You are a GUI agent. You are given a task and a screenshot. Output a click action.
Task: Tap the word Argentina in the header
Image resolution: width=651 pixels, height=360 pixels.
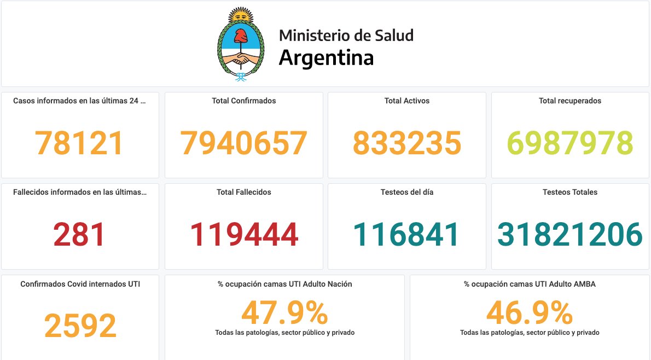click(x=326, y=57)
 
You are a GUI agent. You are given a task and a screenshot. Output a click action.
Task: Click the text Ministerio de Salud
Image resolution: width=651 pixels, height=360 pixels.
click(x=346, y=36)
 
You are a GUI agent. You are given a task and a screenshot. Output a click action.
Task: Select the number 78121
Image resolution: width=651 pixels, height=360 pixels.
click(x=79, y=143)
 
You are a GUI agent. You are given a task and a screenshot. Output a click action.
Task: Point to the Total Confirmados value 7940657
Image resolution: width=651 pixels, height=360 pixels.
click(x=243, y=143)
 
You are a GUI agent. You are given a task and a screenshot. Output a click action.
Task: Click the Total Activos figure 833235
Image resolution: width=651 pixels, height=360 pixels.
click(x=406, y=143)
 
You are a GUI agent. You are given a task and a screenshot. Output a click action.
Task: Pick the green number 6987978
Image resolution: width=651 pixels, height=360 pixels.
click(x=571, y=143)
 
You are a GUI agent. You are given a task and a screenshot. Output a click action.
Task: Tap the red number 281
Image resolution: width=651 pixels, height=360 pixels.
click(x=79, y=235)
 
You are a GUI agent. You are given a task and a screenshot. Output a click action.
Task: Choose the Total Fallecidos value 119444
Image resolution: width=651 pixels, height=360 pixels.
click(x=243, y=235)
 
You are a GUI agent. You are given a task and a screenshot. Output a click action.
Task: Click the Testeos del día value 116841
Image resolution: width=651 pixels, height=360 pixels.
click(x=406, y=235)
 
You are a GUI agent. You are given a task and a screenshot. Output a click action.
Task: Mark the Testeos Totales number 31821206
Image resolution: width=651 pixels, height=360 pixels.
click(x=570, y=235)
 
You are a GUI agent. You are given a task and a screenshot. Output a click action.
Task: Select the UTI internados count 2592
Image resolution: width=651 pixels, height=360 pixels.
click(x=80, y=326)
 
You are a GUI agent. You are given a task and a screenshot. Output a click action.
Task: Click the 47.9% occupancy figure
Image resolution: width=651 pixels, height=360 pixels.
click(x=284, y=313)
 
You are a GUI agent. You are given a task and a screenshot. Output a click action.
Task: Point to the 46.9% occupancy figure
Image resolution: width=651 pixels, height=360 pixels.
click(x=530, y=313)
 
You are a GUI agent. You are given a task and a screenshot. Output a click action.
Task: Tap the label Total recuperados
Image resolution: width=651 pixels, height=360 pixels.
click(x=570, y=101)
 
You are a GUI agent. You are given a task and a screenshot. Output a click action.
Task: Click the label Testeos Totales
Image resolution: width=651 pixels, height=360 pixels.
click(x=570, y=192)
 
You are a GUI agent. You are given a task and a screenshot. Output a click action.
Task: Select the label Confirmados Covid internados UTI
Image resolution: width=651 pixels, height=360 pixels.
click(x=80, y=284)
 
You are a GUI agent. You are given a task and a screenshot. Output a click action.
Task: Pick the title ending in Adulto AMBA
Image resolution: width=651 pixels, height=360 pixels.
click(x=530, y=284)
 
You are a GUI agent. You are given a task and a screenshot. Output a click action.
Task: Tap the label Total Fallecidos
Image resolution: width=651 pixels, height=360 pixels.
click(x=243, y=192)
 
